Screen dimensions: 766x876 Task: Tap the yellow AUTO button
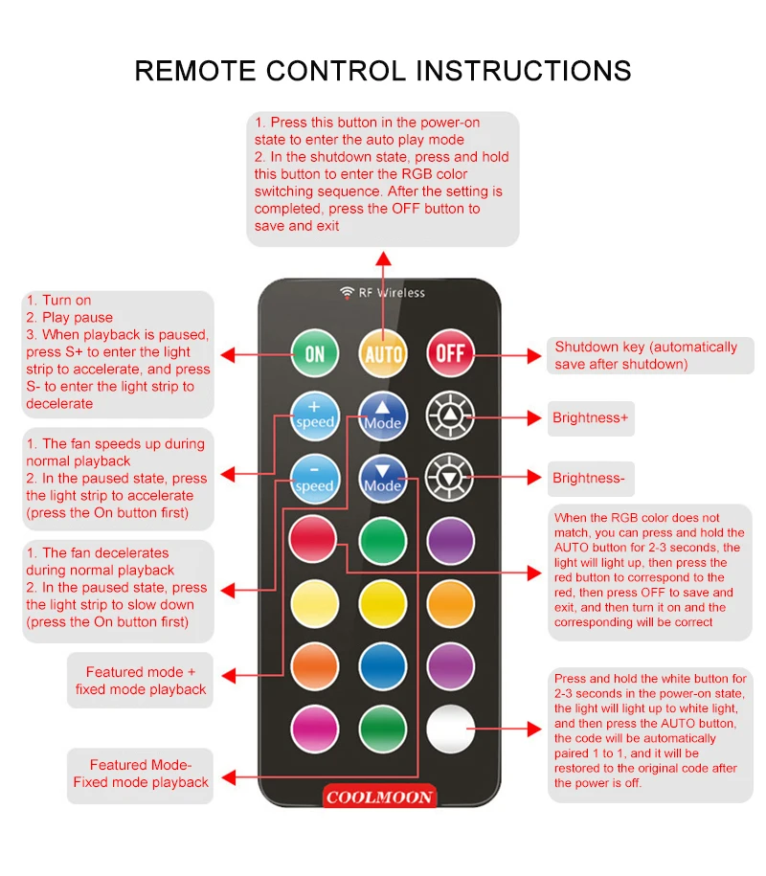coord(383,353)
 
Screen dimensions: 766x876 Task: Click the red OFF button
coord(451,353)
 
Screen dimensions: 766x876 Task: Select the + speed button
coord(315,416)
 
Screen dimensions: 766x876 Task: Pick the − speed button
coord(315,479)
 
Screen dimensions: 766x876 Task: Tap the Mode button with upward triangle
coord(383,416)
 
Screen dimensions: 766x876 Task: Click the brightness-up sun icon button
coord(450,416)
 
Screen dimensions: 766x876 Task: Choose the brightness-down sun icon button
coord(450,478)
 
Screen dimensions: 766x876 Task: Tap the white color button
coord(451,730)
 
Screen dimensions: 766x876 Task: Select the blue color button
coord(383,666)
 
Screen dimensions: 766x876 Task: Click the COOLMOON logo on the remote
coord(380,797)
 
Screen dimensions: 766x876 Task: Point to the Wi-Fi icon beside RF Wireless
coord(347,292)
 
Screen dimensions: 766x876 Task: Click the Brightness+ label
coord(591,417)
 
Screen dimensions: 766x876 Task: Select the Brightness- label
coord(589,479)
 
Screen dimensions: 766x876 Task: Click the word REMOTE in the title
coord(195,71)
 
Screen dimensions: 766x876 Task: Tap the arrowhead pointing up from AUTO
coord(383,258)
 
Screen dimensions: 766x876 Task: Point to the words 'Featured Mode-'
coord(141,765)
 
